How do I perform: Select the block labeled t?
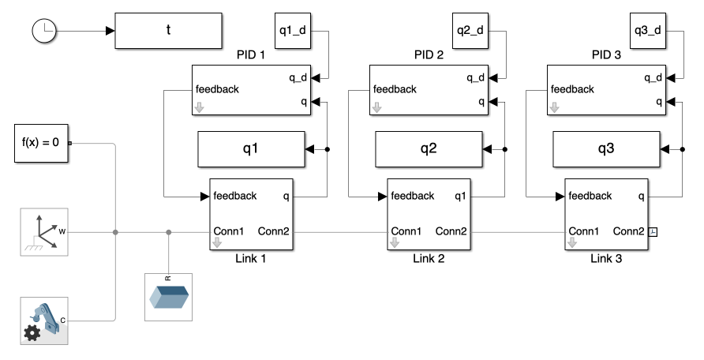[169, 30]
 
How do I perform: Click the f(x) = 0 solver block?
[41, 143]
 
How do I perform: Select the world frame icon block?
[43, 232]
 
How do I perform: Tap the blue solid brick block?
[168, 297]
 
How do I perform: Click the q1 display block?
[251, 148]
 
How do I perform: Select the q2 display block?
[429, 148]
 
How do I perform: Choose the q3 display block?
[606, 148]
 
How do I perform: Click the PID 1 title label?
[252, 56]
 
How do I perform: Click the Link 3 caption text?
[606, 258]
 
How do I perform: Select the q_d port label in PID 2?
[475, 77]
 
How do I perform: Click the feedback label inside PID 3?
[571, 89]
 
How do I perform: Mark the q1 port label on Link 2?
[460, 196]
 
